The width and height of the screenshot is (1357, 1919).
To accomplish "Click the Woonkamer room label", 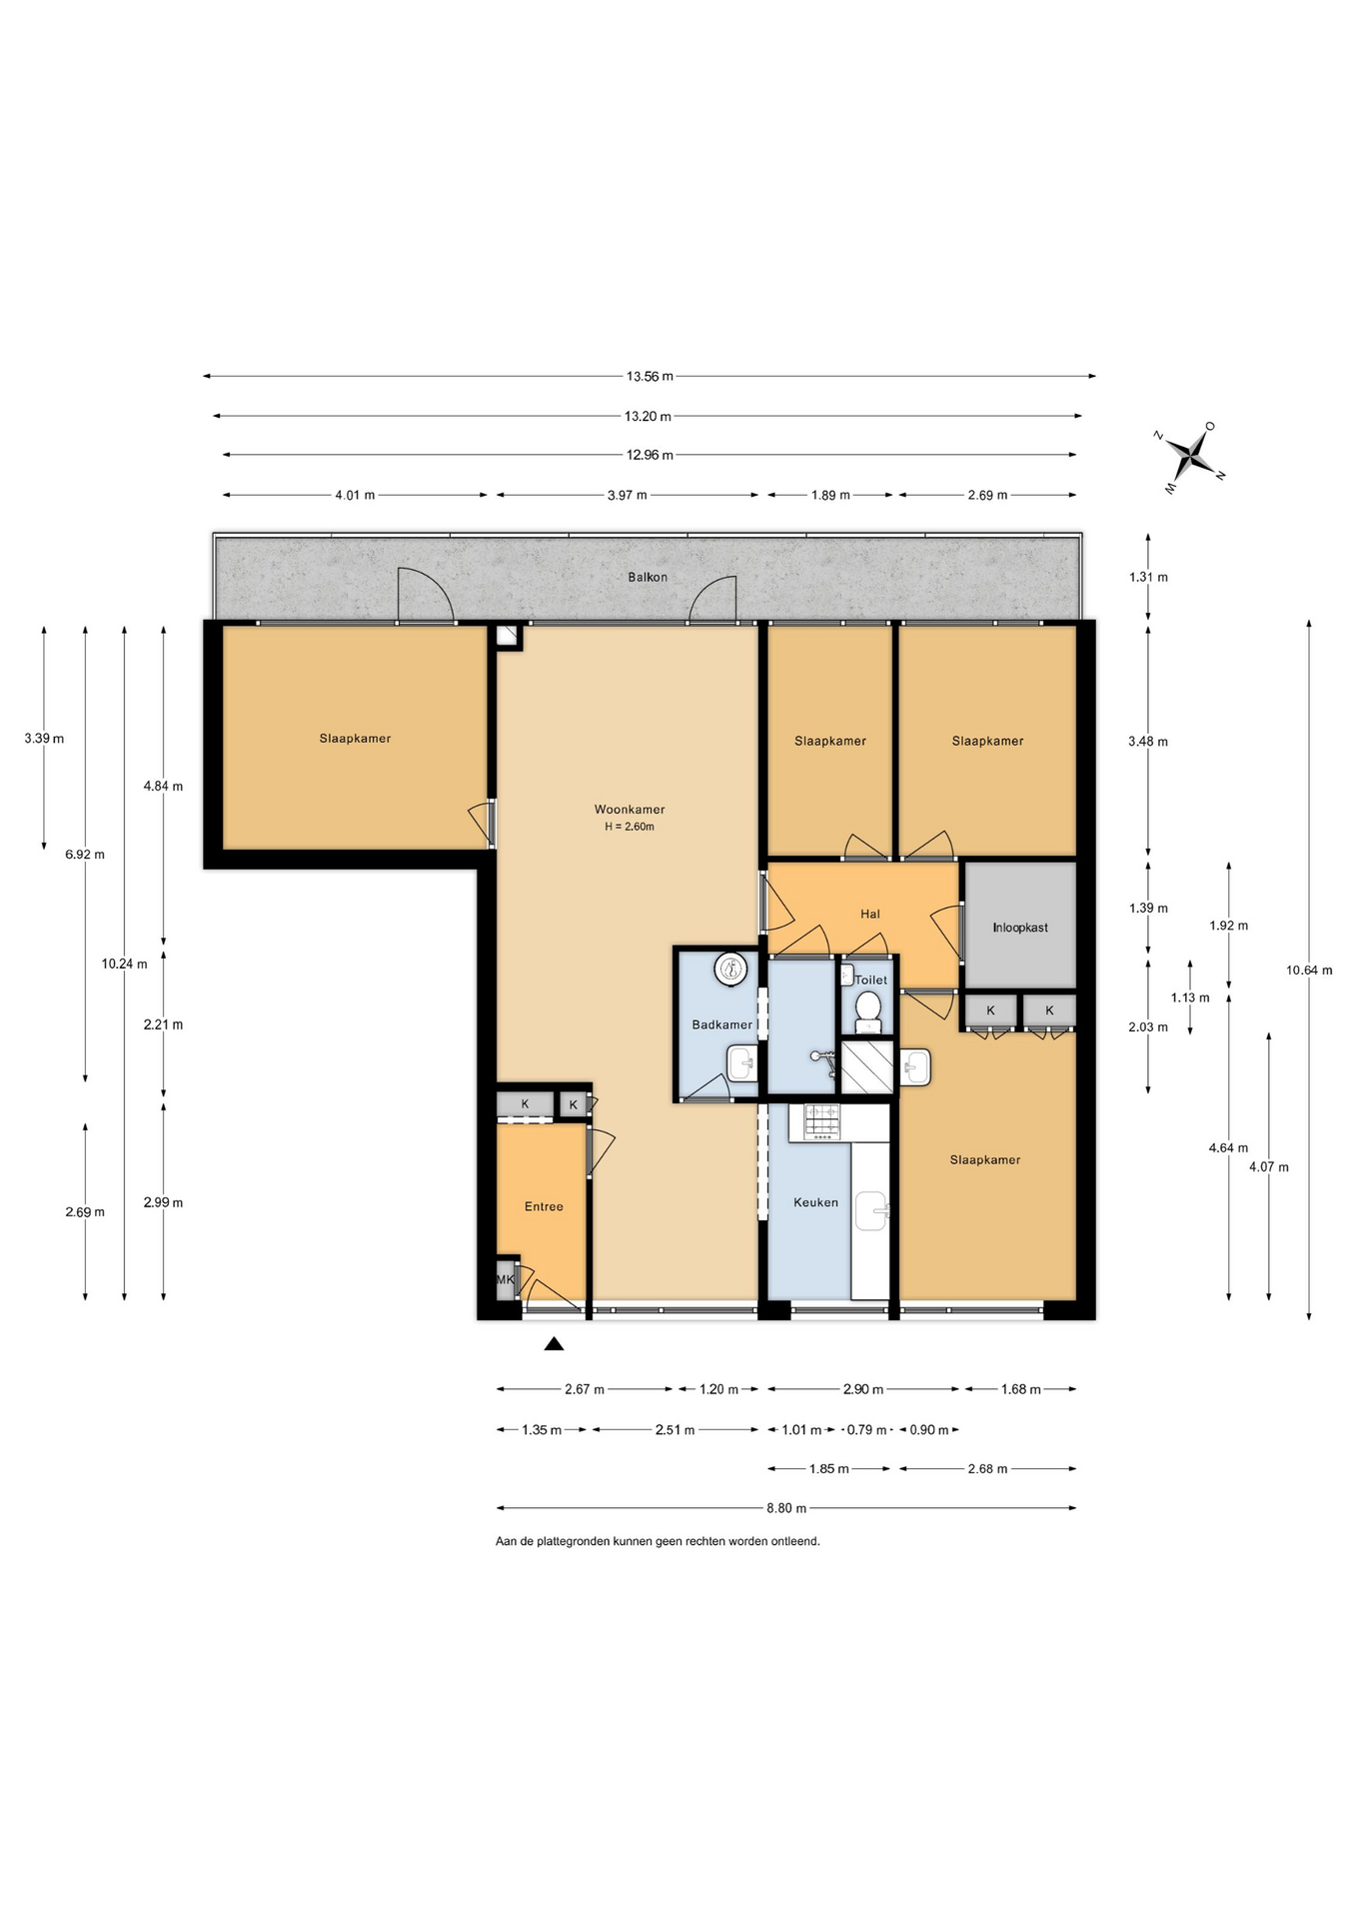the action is (x=630, y=810).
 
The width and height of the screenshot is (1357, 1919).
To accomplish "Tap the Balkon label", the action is (x=648, y=577).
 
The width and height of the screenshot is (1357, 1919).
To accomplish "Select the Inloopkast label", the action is (x=1020, y=928).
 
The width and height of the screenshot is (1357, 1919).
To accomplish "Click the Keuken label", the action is (x=815, y=1202).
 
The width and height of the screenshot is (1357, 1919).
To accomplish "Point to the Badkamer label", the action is (x=721, y=1024).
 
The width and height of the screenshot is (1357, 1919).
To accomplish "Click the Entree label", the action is (x=544, y=1206).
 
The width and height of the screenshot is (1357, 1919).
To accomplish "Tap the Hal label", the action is (x=870, y=914).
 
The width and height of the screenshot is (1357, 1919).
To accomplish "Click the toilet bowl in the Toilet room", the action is (x=868, y=1010).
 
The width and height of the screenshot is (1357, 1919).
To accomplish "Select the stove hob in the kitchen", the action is (x=822, y=1121).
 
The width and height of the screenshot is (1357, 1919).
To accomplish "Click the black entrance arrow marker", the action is (x=554, y=1344).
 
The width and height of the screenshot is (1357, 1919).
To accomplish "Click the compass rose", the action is (x=1190, y=457).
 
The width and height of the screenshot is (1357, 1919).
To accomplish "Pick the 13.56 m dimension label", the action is (x=650, y=377).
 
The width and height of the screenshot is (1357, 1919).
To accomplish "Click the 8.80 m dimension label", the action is (x=786, y=1508).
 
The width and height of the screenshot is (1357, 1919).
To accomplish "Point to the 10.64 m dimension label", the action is (x=1309, y=969).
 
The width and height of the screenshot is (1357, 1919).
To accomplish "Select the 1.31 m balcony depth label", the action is (x=1148, y=577).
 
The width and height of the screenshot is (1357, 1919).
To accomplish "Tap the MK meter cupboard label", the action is (x=506, y=1279).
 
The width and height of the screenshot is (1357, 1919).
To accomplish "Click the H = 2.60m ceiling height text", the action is (x=630, y=827).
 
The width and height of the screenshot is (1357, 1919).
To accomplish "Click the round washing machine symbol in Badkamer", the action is (x=731, y=967).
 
